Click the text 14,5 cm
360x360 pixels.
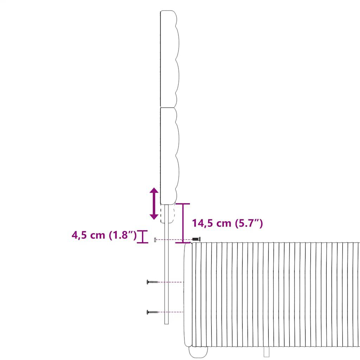[211, 223]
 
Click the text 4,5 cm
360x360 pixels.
[88, 235]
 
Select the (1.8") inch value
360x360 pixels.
[123, 235]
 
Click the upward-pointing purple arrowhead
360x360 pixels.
[154, 190]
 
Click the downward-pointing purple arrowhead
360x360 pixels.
[154, 217]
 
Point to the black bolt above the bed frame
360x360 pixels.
[196, 239]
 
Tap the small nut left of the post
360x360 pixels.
[155, 240]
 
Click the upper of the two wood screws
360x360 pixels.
[152, 282]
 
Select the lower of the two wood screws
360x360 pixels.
[152, 312]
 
